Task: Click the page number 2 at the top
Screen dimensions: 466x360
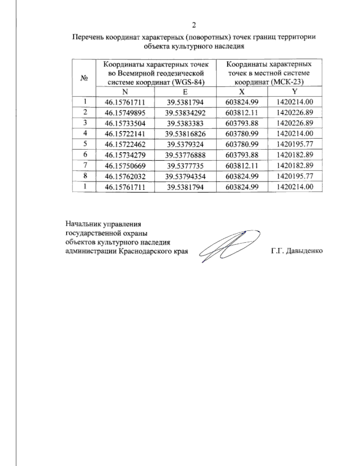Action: [194, 25]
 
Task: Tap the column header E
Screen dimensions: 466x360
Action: [185, 92]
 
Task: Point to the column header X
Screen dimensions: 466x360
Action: [242, 92]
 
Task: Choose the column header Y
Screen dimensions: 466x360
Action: [295, 92]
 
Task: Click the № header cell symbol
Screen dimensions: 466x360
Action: [84, 78]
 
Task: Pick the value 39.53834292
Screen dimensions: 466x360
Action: [185, 113]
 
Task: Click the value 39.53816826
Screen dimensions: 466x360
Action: [185, 134]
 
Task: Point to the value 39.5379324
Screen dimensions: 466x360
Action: [185, 144]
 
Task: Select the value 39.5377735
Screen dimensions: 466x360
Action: [185, 165]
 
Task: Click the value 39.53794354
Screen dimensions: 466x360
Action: [185, 176]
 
